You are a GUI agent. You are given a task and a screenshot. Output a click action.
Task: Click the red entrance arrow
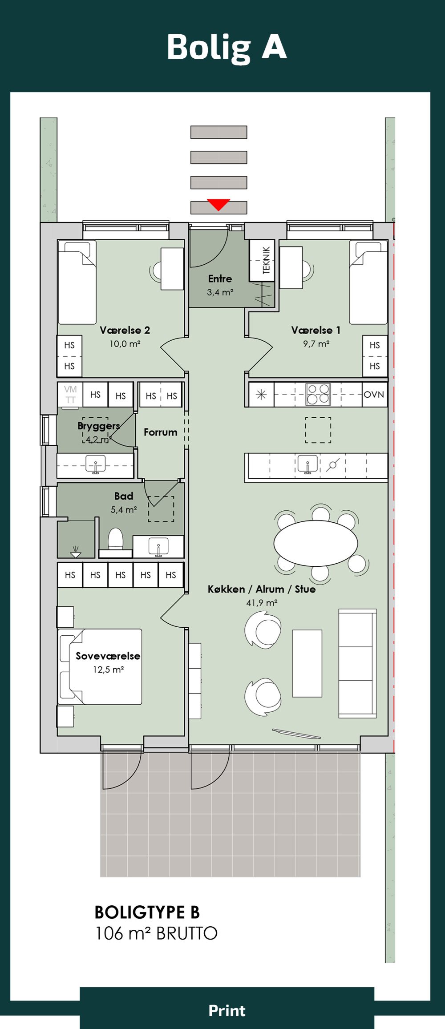(x=218, y=204)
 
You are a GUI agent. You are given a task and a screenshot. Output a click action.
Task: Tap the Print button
(x=227, y=1010)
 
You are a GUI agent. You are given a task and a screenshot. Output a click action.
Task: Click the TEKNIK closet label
(x=266, y=260)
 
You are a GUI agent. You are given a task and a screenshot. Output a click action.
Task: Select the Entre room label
(x=220, y=279)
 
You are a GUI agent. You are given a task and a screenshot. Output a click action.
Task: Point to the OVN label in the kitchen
(x=374, y=395)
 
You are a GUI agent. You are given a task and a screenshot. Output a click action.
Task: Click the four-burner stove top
(x=318, y=394)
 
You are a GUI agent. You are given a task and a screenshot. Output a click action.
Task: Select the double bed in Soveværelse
(x=100, y=666)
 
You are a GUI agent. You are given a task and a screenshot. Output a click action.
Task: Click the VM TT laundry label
(x=70, y=395)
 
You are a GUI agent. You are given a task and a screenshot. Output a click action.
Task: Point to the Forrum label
(x=160, y=432)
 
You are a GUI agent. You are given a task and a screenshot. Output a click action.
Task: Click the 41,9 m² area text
(x=262, y=603)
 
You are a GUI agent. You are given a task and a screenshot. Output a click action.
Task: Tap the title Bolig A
(x=227, y=48)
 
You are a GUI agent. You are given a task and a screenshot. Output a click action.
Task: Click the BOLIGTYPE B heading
(x=147, y=912)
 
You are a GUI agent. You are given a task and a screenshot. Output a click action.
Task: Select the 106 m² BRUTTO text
(x=156, y=933)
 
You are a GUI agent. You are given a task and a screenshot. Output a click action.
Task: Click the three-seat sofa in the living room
(x=358, y=663)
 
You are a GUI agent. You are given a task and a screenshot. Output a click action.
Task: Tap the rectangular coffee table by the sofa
(x=307, y=663)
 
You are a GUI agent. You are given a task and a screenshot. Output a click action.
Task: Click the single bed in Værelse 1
(x=368, y=282)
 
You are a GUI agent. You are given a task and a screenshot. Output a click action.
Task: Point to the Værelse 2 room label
(x=125, y=330)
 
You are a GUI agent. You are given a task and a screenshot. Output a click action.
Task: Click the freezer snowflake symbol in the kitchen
(x=261, y=395)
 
